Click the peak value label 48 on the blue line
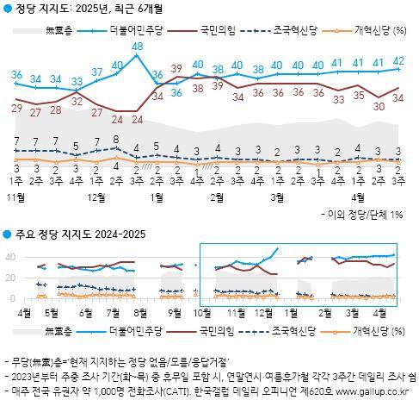[x=137, y=46]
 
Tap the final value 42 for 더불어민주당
[x=399, y=60]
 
